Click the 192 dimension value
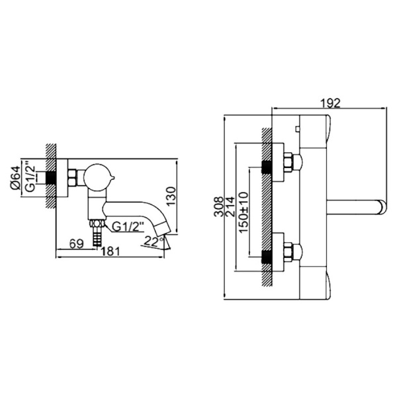coord(330,103)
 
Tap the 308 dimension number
coord(219,206)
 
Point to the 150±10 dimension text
coord(243,212)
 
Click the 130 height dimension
coord(171,196)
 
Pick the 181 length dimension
coord(110,251)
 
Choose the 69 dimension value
coord(77,243)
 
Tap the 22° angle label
coord(154,241)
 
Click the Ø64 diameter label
coord(15,177)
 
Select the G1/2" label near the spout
coord(128,227)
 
